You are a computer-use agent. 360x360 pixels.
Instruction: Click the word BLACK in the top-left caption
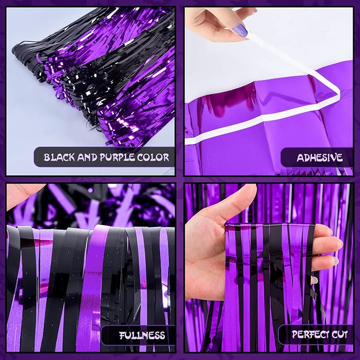(59, 157)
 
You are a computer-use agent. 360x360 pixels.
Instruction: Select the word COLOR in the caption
(155, 157)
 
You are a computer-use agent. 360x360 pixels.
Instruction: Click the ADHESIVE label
(319, 157)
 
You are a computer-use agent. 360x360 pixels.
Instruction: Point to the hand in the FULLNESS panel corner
(21, 193)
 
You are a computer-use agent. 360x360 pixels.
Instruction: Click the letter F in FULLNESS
(122, 335)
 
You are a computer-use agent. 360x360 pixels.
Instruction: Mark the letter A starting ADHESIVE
(300, 157)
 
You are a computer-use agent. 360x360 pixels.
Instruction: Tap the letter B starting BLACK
(47, 157)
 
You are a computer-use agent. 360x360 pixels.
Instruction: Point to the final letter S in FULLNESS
(162, 335)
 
